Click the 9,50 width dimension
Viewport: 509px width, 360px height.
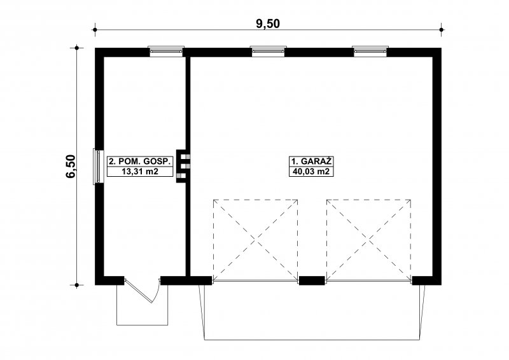tap(268, 24)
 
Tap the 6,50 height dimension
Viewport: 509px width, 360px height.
tap(71, 166)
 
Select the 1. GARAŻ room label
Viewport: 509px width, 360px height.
tap(311, 162)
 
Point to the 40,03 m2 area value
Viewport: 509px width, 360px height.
tap(311, 171)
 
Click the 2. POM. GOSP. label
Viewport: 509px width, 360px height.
tap(140, 162)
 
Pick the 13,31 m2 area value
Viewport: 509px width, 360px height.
tap(140, 171)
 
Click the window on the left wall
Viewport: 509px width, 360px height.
tap(99, 166)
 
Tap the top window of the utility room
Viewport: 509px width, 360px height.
tap(166, 52)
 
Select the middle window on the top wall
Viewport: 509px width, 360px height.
tap(268, 52)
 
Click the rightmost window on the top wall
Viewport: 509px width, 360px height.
tap(370, 52)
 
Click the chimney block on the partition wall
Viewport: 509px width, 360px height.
tap(183, 166)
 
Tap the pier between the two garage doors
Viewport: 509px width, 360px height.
tap(312, 280)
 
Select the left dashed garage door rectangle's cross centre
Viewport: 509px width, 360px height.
tap(256, 240)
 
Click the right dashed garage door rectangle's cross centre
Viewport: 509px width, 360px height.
tap(369, 240)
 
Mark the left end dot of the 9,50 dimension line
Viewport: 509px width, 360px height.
tap(95, 30)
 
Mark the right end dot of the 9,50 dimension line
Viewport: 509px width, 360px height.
tap(441, 30)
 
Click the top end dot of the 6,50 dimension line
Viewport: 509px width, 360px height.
tap(76, 48)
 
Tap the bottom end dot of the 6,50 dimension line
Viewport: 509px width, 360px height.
tap(76, 286)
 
